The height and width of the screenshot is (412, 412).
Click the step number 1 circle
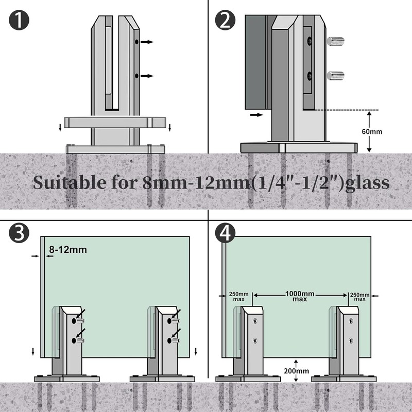pyautogui.click(x=19, y=20)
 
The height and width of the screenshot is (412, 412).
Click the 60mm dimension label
pyautogui.click(x=372, y=131)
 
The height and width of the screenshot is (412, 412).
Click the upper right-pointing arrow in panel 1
pyautogui.click(x=147, y=41)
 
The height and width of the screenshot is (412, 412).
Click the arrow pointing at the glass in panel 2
pyautogui.click(x=255, y=115)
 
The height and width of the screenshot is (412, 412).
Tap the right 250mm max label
pyautogui.click(x=359, y=296)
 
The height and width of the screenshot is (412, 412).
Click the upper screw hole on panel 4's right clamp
pyautogui.click(x=351, y=321)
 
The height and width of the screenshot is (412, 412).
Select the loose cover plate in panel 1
pyautogui.click(x=114, y=122)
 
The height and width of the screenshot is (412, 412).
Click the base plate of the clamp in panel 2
pyautogui.click(x=299, y=146)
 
